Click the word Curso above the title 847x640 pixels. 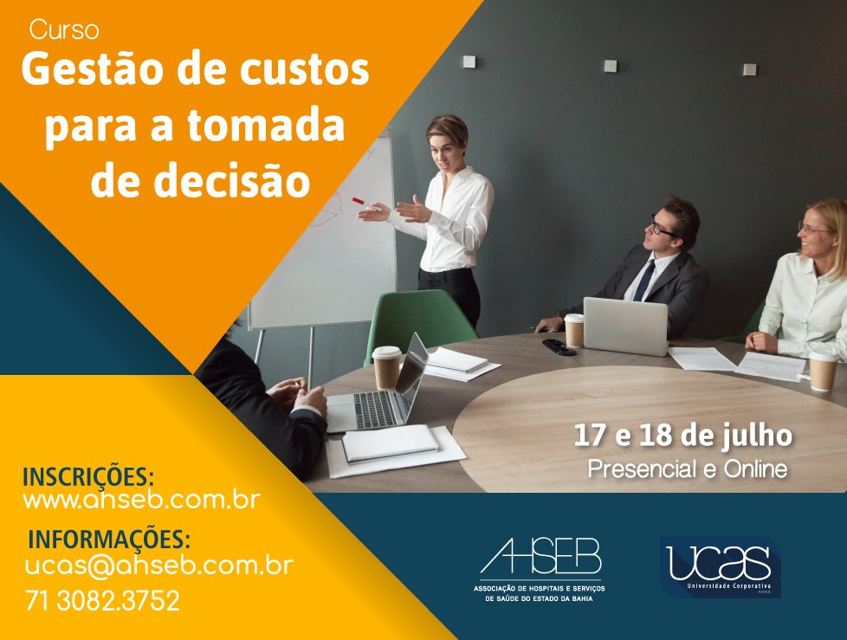click(64, 29)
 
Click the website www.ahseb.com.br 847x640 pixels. click(141, 500)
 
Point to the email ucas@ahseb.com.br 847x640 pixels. click(158, 566)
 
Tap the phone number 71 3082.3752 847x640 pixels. click(103, 600)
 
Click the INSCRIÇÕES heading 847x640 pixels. click(88, 477)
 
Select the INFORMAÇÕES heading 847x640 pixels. click(109, 539)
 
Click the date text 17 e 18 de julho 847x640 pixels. click(682, 436)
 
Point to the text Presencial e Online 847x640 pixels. click(688, 469)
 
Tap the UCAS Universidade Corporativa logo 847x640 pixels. click(720, 566)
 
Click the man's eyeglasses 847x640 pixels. click(660, 227)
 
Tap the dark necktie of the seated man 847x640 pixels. click(644, 281)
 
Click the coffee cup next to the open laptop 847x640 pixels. click(387, 367)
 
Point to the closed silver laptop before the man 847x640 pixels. click(625, 326)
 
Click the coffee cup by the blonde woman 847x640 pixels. click(822, 371)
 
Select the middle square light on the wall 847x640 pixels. click(611, 66)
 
